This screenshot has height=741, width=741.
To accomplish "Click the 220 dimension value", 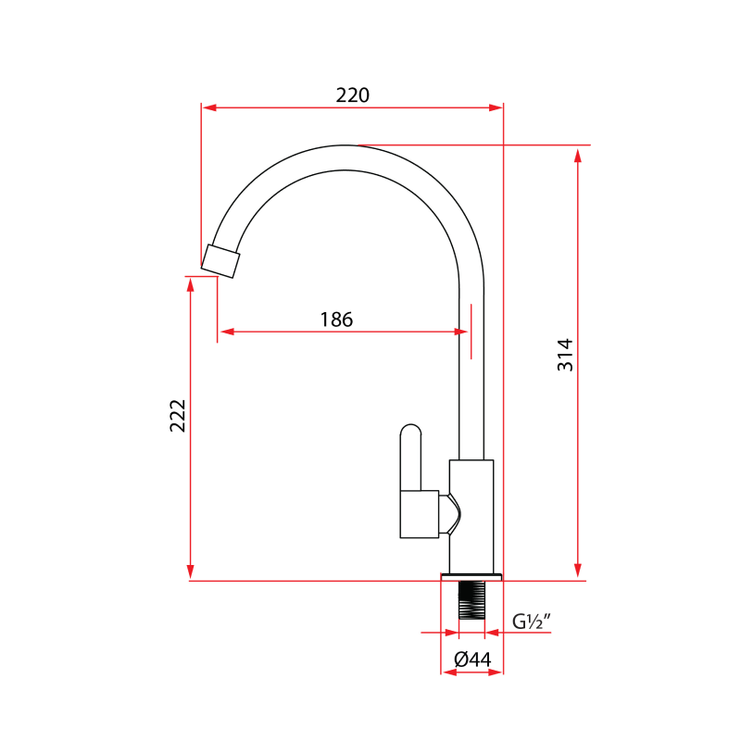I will [x=352, y=95].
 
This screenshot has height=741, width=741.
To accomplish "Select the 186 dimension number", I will [x=336, y=320].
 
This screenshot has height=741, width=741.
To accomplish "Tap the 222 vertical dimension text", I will [x=178, y=416].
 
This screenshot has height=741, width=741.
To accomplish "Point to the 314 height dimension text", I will [x=565, y=355].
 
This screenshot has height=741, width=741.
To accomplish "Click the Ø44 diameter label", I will [x=472, y=659].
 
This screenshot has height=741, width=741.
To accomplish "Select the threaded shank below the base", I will [x=471, y=599].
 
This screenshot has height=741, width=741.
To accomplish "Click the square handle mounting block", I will [x=419, y=514].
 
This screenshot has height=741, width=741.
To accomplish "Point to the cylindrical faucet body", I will [x=471, y=515].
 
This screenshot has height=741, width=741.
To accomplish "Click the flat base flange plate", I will [x=471, y=576].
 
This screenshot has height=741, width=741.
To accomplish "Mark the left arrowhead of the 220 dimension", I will [x=208, y=107].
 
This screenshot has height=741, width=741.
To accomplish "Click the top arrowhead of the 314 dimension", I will [x=578, y=154].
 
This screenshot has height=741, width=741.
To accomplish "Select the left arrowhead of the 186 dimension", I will [x=225, y=331].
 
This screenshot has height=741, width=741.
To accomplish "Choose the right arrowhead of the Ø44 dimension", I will [x=496, y=672].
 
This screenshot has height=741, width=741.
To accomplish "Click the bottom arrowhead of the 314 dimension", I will [x=578, y=571].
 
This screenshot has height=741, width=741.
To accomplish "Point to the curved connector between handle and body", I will [x=449, y=514].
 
